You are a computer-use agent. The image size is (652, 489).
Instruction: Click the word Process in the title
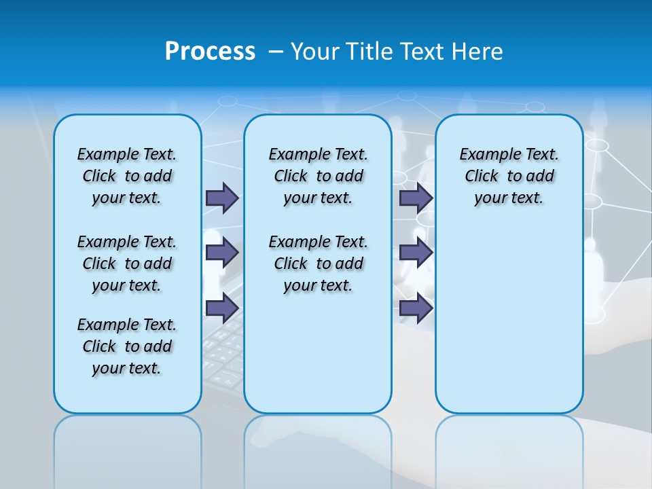coord(210,51)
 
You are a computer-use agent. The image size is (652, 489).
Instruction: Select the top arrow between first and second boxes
coord(222,198)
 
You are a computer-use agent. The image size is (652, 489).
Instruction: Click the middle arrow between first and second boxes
coord(222,253)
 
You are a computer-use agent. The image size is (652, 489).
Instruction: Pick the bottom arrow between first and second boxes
coord(222,308)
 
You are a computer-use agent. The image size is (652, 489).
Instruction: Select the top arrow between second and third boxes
coord(416,198)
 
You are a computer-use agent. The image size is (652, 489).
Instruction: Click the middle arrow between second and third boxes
coord(416,253)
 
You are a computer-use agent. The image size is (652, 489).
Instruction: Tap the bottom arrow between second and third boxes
coord(416,308)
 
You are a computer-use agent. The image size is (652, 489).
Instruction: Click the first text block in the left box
coord(127,176)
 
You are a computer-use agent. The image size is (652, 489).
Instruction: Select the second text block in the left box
coord(127,264)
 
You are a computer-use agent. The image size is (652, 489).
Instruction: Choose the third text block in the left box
coord(127,346)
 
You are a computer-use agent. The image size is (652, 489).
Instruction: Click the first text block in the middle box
coord(318,176)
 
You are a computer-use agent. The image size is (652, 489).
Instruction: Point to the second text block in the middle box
coord(318,264)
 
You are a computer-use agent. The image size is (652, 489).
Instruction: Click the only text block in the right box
coord(509,176)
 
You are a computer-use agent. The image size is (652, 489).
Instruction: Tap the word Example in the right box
coord(487,155)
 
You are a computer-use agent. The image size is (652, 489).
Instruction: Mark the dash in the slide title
coord(276,52)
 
